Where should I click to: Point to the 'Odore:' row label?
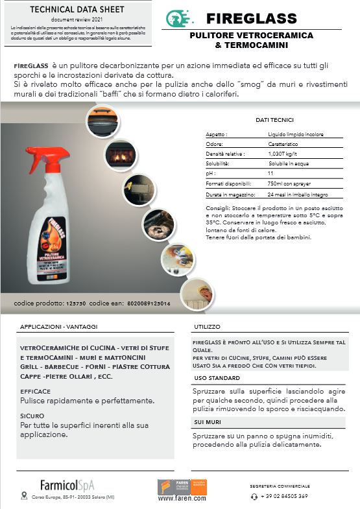point(215,145)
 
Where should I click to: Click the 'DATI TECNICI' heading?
point(274,120)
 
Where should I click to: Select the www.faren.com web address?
point(182,499)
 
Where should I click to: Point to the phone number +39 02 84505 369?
point(284,496)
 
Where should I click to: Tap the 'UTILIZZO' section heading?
point(207,327)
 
